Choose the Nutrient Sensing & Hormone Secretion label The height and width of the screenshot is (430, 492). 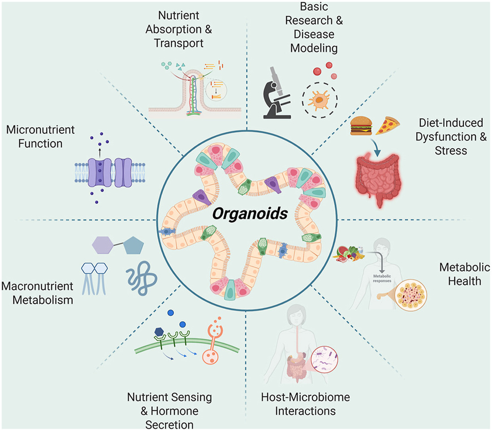169,410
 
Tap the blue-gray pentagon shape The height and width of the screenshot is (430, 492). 134,246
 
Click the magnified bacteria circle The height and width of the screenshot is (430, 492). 320,352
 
